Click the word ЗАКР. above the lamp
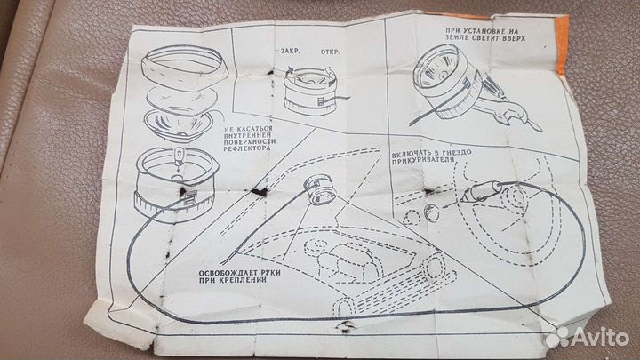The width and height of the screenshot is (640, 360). (290, 51)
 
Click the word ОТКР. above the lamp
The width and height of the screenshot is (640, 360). (330, 52)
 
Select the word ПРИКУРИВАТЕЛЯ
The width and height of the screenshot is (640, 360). (423, 160)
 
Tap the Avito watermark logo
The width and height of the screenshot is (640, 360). (587, 337)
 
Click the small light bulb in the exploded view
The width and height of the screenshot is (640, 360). (180, 156)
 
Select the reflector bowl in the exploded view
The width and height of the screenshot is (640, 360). (178, 124)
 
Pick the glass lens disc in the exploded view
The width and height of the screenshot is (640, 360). (180, 99)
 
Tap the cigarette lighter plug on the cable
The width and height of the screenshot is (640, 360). (482, 192)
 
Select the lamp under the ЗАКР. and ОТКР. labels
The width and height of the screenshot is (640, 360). (310, 91)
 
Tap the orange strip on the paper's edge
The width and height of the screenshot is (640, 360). (562, 45)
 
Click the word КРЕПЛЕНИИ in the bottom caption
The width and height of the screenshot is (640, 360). (244, 280)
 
